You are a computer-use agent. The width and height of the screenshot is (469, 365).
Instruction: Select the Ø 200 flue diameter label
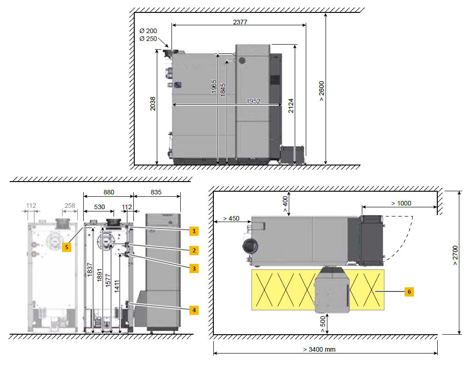(x=148, y=31)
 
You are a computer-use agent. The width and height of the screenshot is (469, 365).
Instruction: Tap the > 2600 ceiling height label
(x=321, y=91)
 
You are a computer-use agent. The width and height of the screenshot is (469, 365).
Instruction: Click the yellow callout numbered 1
(x=194, y=231)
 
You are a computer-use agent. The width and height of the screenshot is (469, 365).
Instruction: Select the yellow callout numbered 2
(x=194, y=250)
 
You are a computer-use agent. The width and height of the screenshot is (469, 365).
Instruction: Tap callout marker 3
(x=194, y=268)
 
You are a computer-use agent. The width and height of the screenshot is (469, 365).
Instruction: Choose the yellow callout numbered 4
(x=194, y=310)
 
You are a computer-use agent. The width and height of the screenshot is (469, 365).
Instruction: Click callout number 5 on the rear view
(x=67, y=247)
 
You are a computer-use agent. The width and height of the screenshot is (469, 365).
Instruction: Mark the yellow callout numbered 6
(x=409, y=291)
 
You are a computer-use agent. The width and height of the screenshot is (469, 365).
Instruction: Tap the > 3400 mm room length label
(x=319, y=349)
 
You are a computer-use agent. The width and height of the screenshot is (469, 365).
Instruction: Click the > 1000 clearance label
(x=401, y=203)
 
